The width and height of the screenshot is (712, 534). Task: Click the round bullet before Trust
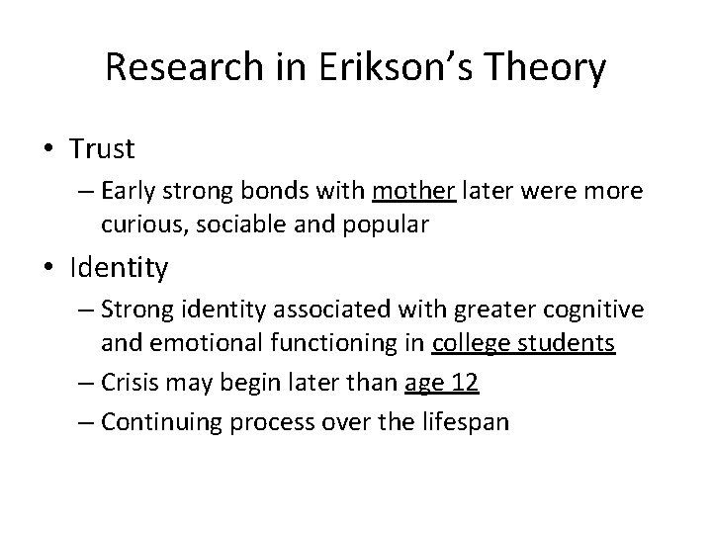point(49,149)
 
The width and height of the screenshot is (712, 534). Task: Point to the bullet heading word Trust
point(102,149)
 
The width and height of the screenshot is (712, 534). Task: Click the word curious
point(136,223)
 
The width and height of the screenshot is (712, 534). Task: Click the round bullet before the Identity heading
point(49,268)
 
